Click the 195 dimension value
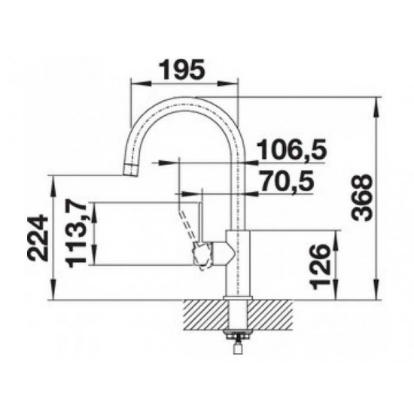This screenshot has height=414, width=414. (x=183, y=69)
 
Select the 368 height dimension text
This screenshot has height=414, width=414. (x=362, y=198)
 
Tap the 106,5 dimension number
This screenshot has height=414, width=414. (x=292, y=149)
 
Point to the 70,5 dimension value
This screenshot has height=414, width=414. (x=287, y=181)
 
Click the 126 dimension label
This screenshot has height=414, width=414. (x=321, y=266)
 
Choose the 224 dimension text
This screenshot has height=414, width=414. (x=38, y=238)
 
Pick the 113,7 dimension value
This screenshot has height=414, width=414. (x=76, y=233)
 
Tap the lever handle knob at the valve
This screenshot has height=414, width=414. (x=202, y=256)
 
